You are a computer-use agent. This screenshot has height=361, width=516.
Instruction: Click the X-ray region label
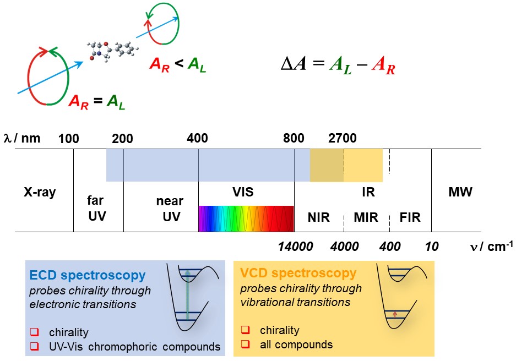coord(40,193)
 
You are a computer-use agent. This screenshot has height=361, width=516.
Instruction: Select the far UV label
coord(97,209)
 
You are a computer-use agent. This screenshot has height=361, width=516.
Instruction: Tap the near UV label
coord(170,209)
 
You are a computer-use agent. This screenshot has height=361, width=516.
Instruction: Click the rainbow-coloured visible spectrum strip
coord(246,218)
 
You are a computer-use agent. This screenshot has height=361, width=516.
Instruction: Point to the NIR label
coord(318,217)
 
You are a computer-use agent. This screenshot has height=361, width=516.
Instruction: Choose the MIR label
coord(366,217)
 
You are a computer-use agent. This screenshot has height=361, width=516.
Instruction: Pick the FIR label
coord(410,217)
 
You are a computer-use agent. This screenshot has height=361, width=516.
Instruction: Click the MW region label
coord(460,192)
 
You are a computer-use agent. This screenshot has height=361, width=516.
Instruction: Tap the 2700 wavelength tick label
coord(342,138)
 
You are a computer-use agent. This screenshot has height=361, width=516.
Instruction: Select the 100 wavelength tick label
coord(69,139)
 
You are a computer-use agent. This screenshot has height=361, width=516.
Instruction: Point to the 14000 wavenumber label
coord(296,247)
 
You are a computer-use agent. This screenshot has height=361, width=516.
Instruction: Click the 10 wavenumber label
coord(432,247)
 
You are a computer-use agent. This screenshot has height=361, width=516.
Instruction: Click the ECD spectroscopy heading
coord(88,275)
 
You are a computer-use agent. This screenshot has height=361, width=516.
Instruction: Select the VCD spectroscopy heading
coord(298,273)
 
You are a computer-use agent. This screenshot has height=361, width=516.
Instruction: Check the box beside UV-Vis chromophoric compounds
coord(35,346)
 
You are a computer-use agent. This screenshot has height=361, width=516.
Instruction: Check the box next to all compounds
coord(245,344)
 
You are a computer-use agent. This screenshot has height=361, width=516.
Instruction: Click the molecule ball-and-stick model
coord(112,51)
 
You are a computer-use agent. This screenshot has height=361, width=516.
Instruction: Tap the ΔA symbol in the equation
coord(294,63)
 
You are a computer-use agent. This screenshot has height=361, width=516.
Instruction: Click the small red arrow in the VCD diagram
coord(395,315)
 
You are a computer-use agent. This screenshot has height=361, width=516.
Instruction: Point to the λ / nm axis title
coord(22,139)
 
